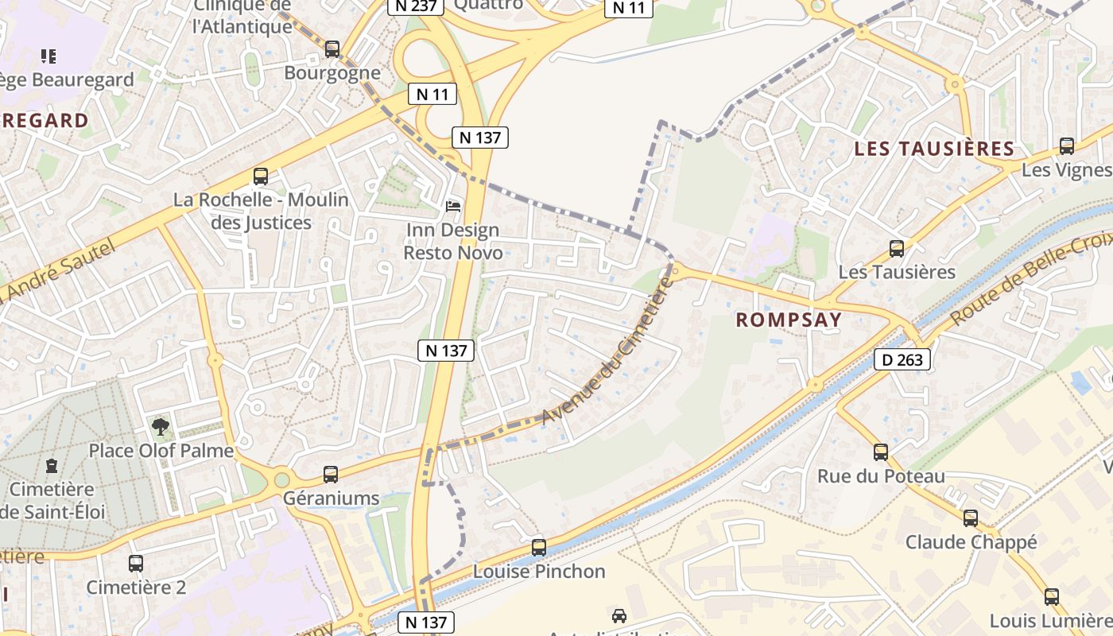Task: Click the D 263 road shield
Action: (902, 360)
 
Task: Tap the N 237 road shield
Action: (413, 6)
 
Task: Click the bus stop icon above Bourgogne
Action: (332, 49)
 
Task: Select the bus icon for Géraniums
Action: (331, 475)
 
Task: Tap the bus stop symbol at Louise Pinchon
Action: (539, 548)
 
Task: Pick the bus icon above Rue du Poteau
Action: (881, 452)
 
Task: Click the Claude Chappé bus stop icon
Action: (971, 518)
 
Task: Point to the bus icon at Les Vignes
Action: (1067, 146)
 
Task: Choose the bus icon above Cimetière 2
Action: (136, 564)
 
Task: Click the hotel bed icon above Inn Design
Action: (453, 207)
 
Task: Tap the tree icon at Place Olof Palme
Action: (161, 427)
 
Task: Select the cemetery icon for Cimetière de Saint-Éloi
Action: (52, 465)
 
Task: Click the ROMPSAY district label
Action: (788, 320)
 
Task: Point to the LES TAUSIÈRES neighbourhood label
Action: (934, 149)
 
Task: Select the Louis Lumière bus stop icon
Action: (1052, 597)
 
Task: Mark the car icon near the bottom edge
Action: (619, 615)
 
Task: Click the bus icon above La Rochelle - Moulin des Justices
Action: (261, 176)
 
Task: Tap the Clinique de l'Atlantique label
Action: (242, 17)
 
